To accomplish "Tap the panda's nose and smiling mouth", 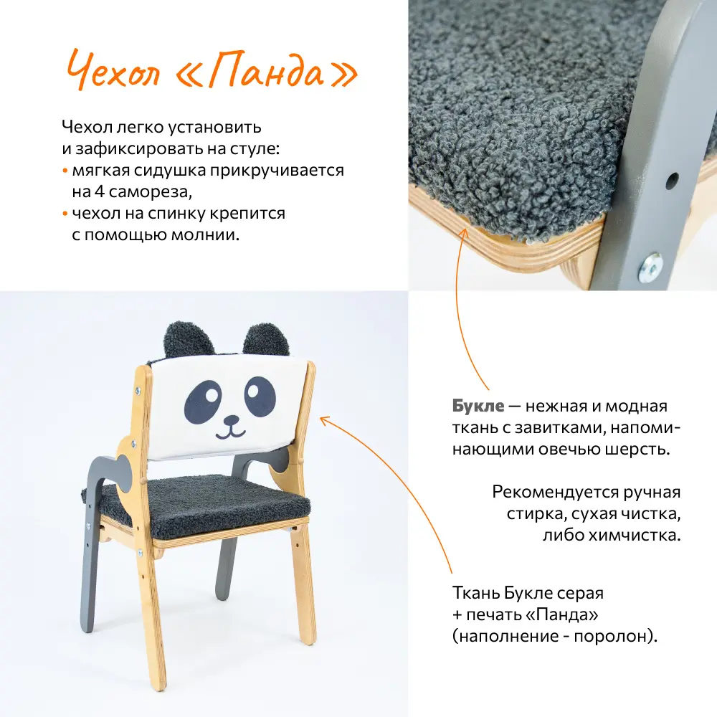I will pyautogui.click(x=230, y=428).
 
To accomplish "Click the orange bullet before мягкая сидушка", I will pyautogui.click(x=65, y=172).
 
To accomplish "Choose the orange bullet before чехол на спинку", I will pyautogui.click(x=65, y=214).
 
